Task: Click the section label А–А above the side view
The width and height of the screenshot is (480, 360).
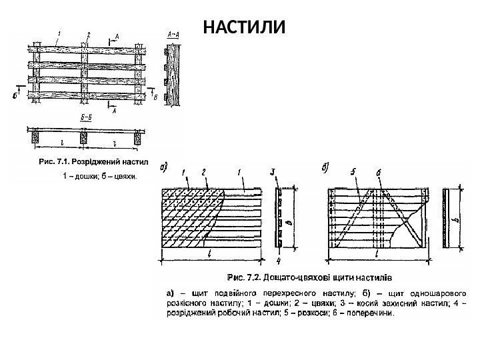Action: click(x=171, y=33)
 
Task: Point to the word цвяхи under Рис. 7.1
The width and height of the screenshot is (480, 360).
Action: click(x=124, y=177)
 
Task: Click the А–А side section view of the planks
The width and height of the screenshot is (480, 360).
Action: click(x=174, y=73)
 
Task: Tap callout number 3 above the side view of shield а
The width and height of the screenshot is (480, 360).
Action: click(x=273, y=173)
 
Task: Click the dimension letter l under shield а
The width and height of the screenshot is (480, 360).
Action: click(x=210, y=255)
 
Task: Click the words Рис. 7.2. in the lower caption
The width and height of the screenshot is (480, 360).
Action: click(x=245, y=275)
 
